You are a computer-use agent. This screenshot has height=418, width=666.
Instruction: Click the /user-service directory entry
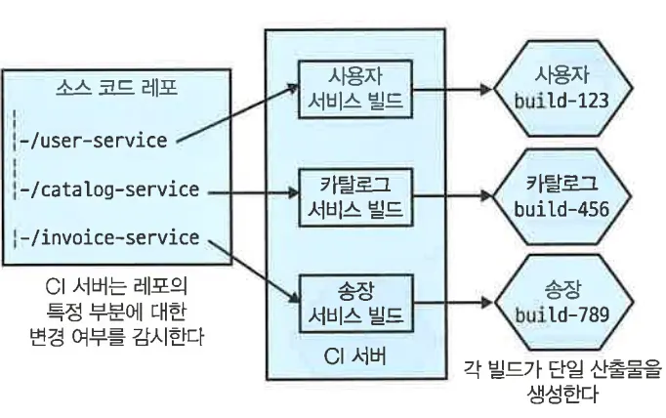pyautogui.click(x=94, y=141)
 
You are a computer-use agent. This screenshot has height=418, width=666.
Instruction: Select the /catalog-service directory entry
pyautogui.click(x=109, y=189)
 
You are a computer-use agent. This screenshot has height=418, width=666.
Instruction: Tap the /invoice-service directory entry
pyautogui.click(x=109, y=237)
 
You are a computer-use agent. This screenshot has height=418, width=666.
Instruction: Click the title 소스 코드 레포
pyautogui.click(x=116, y=88)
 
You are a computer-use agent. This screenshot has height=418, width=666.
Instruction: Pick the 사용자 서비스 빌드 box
pyautogui.click(x=355, y=89)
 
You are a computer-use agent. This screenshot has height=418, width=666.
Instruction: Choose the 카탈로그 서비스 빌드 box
pyautogui.click(x=355, y=197)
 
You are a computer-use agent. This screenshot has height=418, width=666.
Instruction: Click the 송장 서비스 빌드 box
pyautogui.click(x=355, y=304)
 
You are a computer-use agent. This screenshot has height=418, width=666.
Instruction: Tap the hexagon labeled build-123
pyautogui.click(x=562, y=89)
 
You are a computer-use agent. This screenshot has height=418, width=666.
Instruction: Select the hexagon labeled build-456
pyautogui.click(x=562, y=196)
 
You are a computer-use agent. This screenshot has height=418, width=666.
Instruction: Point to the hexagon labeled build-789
pyautogui.click(x=562, y=302)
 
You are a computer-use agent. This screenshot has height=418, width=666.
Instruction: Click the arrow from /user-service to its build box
pyautogui.click(x=238, y=112)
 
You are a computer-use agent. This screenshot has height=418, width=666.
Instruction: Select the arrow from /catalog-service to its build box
pyautogui.click(x=254, y=192)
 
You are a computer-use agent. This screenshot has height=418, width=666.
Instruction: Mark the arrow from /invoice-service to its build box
pyautogui.click(x=254, y=272)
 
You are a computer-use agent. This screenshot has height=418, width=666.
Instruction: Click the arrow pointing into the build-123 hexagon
pyautogui.click(x=452, y=90)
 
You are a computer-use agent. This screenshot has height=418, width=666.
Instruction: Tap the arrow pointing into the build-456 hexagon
pyautogui.click(x=452, y=196)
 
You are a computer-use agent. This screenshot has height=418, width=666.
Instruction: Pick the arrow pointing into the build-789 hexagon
pyautogui.click(x=452, y=303)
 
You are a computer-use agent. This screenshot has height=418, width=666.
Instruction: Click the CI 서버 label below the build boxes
pyautogui.click(x=355, y=355)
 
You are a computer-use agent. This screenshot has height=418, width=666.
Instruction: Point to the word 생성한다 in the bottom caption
pyautogui.click(x=562, y=394)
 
